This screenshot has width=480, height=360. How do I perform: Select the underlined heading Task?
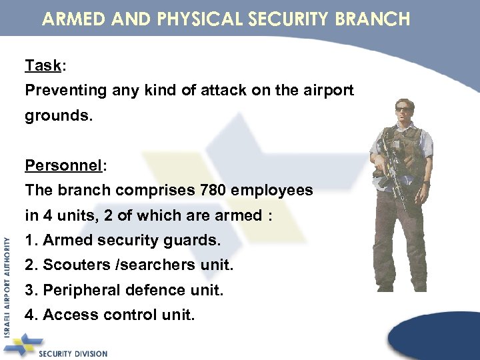[x=42, y=65]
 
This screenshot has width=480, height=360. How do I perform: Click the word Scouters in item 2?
[x=72, y=265]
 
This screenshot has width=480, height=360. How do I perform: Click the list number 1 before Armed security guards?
[x=29, y=240]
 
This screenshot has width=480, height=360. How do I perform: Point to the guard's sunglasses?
[x=404, y=109]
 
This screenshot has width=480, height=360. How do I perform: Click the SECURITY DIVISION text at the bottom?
[x=73, y=353]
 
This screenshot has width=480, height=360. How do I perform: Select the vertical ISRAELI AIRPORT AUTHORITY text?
[x=7, y=287]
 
